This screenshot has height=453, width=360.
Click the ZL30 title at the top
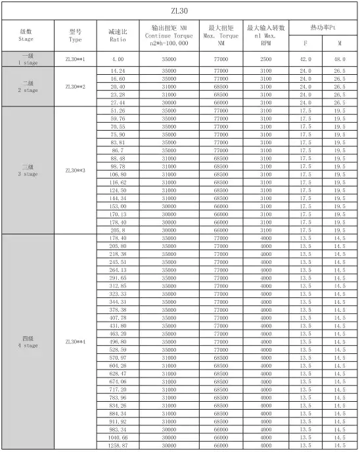[x=180, y=11]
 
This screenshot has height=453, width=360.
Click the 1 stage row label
[x=26, y=59]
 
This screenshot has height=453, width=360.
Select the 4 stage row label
[x=26, y=341]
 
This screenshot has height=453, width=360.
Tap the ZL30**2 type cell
[x=75, y=87]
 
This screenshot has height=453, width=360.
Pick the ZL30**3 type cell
[x=75, y=170]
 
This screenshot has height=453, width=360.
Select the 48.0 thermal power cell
[x=339, y=59]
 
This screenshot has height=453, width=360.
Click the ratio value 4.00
[x=118, y=59]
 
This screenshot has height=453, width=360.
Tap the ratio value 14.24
[x=118, y=70]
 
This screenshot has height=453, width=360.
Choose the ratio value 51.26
[x=118, y=111]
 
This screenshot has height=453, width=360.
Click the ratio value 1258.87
[x=118, y=445]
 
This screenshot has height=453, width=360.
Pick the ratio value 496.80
[x=118, y=341]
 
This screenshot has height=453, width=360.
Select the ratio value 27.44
[x=118, y=102]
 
